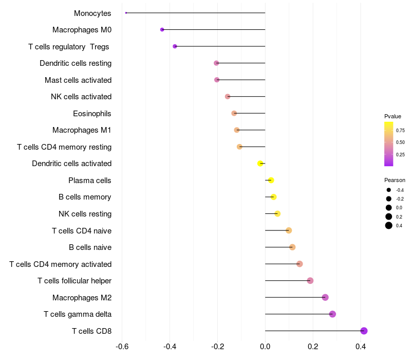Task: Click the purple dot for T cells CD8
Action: (364, 331)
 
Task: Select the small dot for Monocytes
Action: (126, 13)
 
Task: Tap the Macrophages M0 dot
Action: (162, 30)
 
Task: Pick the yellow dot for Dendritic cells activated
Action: (260, 164)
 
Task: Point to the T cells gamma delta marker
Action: (332, 314)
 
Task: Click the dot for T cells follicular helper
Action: (310, 280)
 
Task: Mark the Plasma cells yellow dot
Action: (271, 180)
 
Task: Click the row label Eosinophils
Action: (92, 113)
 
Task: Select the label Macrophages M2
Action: (82, 297)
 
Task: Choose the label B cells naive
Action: (90, 247)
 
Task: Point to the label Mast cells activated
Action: (78, 80)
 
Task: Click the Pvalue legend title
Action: (393, 116)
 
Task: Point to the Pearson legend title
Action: (395, 180)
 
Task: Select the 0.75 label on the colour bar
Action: (400, 130)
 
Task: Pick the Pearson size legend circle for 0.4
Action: (389, 225)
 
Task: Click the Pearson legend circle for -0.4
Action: (389, 190)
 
